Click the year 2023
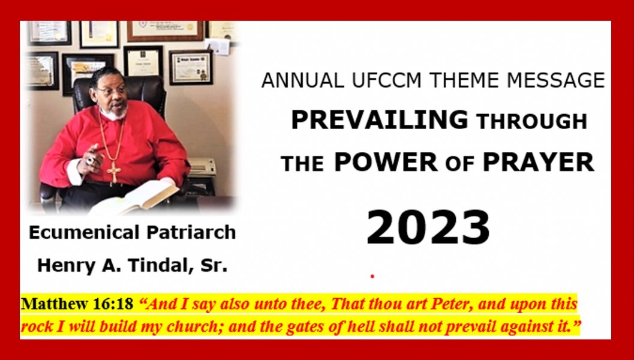pos(428,228)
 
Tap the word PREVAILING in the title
pos(379,120)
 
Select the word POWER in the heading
pos(386,162)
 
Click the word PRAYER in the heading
pos(538,162)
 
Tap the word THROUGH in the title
pos(531,122)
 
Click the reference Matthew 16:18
pos(77,304)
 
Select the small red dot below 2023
pos(372,276)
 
